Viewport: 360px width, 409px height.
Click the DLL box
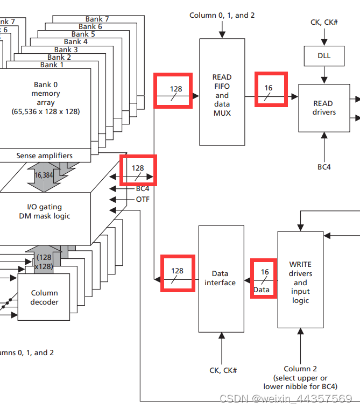coord(324,55)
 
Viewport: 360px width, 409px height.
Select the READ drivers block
coord(323,108)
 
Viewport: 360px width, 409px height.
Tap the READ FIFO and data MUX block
coord(222,91)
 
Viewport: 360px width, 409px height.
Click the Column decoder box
coord(44,298)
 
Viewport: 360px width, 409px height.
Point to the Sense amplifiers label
coord(44,156)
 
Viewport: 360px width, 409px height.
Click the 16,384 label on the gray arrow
coord(44,175)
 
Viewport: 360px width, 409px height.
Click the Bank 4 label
coord(76,41)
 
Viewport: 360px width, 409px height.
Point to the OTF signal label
coord(143,199)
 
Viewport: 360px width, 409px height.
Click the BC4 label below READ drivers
coord(324,167)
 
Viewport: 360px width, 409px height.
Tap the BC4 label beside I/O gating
coord(143,188)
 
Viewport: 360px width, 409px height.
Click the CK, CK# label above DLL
coord(324,22)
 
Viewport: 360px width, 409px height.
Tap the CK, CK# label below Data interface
coord(223,370)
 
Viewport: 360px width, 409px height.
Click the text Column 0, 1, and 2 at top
coord(222,15)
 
